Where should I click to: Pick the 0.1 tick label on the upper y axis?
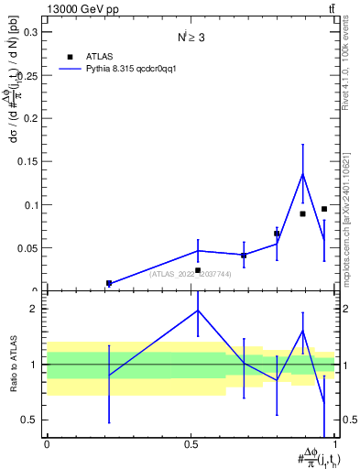click(x=31, y=205)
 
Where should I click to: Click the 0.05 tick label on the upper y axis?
click(x=28, y=248)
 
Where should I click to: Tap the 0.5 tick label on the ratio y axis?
click(x=31, y=420)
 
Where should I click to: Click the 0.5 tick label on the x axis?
click(x=191, y=444)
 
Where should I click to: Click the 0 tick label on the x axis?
click(x=47, y=444)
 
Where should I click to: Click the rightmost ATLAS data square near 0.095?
click(x=324, y=209)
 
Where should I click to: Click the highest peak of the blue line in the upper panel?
click(x=302, y=174)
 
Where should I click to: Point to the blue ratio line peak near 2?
click(x=198, y=311)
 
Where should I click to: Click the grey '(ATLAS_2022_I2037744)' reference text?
click(x=191, y=274)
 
